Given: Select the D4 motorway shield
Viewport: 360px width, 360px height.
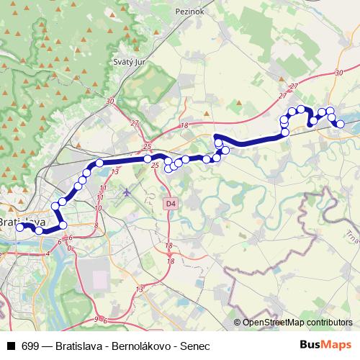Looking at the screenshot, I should click(x=170, y=204).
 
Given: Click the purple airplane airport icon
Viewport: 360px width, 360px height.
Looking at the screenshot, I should click(x=127, y=192).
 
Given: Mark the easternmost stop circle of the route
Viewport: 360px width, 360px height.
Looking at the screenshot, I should click(x=340, y=125).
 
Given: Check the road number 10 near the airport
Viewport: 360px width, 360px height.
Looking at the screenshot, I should click(x=99, y=207).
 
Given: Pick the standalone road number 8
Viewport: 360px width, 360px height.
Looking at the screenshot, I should click(x=96, y=225).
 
